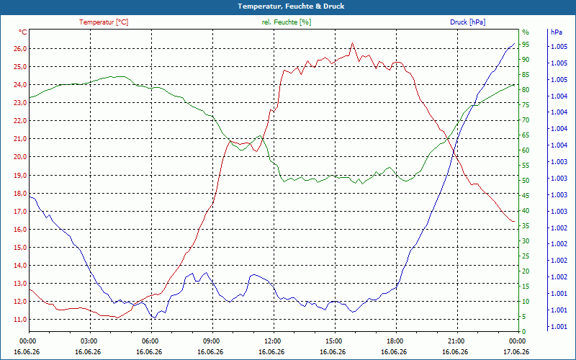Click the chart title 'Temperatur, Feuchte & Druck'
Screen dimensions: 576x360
coord(291,6)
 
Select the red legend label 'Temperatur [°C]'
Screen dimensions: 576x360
coord(104,22)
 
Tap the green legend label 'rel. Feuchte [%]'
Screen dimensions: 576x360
coord(286,22)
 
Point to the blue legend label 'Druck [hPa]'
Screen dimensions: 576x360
coord(467,22)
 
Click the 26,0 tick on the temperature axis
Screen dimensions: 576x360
coord(20,49)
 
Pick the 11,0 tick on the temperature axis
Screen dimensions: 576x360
coord(20,320)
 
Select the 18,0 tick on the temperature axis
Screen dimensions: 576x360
coord(20,193)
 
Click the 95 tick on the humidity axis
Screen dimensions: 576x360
coord(526,45)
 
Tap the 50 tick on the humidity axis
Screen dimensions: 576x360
coord(526,181)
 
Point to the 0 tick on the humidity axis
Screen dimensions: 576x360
coord(524,332)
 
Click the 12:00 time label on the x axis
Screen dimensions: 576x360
coord(274,341)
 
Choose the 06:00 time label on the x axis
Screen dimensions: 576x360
coord(151,341)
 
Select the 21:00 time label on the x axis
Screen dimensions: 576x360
coord(457,341)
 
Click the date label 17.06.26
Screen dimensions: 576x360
coord(516,351)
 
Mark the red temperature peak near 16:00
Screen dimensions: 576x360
coord(352,43)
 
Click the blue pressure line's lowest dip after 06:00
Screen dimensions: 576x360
coord(155,318)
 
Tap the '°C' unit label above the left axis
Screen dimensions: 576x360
coord(23,32)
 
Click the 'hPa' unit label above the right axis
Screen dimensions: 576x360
coord(556,32)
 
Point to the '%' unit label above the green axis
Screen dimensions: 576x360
coord(526,32)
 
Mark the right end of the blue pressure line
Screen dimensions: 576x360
coord(514,43)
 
